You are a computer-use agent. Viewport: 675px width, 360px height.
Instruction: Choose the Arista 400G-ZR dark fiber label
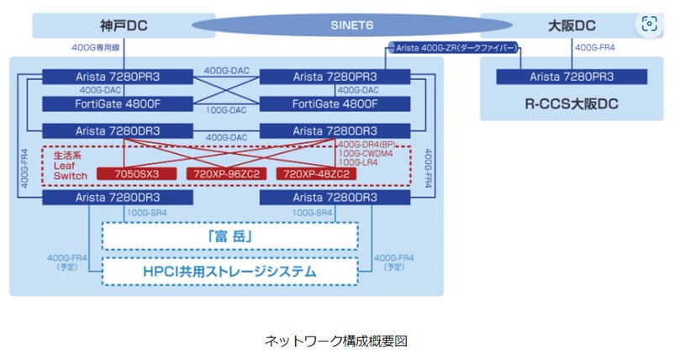(452, 49)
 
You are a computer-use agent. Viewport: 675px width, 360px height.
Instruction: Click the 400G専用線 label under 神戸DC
(98, 50)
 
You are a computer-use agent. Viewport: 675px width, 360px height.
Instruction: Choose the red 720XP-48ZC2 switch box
(316, 173)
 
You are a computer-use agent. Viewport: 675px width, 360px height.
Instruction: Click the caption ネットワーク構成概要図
(336, 341)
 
